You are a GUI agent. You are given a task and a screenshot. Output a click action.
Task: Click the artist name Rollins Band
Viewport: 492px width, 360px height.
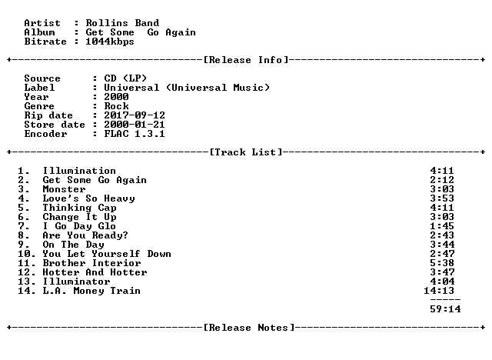(122, 23)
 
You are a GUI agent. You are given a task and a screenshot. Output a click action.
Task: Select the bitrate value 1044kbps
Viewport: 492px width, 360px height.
(110, 42)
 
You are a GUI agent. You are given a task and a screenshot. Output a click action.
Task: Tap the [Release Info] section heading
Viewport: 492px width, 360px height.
(246, 60)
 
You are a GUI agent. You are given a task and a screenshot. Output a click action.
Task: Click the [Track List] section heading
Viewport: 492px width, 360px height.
(246, 152)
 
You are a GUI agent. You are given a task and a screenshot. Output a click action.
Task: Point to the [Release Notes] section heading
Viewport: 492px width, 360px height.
(249, 328)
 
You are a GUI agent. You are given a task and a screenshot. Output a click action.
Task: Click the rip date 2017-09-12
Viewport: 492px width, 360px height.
(135, 115)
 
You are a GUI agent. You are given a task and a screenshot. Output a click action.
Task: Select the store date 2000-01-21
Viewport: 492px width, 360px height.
(135, 125)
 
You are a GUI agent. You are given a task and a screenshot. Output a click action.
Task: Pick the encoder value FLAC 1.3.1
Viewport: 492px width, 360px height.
(135, 134)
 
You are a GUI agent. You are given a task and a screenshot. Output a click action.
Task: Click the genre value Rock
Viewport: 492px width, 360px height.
(116, 106)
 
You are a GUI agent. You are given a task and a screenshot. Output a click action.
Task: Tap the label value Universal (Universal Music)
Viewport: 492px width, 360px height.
(187, 88)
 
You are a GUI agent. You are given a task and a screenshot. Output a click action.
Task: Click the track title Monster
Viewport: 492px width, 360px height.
(64, 189)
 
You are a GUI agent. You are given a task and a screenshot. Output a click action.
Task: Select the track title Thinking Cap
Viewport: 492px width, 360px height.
(79, 208)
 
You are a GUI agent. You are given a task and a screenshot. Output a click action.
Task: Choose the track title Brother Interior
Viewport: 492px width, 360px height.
(91, 263)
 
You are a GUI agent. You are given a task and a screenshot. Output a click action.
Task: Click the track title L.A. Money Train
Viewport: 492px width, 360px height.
(91, 291)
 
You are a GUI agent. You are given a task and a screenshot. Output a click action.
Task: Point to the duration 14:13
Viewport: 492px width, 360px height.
(439, 291)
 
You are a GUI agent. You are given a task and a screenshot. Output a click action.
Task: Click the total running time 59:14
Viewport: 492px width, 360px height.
(445, 309)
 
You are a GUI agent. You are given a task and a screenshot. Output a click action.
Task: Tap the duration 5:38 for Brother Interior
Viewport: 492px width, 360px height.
(442, 263)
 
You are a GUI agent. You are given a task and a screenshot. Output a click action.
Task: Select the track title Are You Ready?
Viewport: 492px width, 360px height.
(85, 235)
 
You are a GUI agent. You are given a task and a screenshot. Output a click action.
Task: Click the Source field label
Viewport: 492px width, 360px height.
(42, 78)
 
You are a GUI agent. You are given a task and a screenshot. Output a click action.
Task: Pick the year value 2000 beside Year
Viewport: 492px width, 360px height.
(116, 97)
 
